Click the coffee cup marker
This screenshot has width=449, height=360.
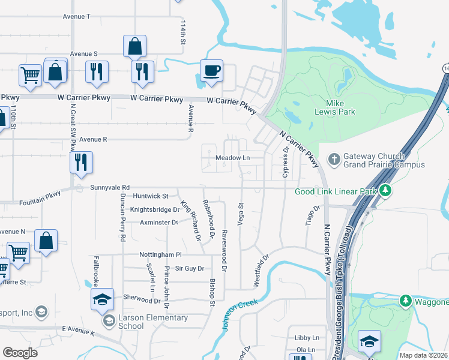tap(211, 71)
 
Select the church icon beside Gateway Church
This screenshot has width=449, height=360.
tap(334, 160)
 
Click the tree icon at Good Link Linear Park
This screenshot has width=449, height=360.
tap(385, 191)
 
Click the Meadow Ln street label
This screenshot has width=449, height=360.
tap(232, 158)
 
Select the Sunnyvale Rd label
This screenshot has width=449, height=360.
tap(110, 188)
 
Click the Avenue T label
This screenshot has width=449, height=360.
tap(76, 16)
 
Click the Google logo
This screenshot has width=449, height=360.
tap(20, 352)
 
